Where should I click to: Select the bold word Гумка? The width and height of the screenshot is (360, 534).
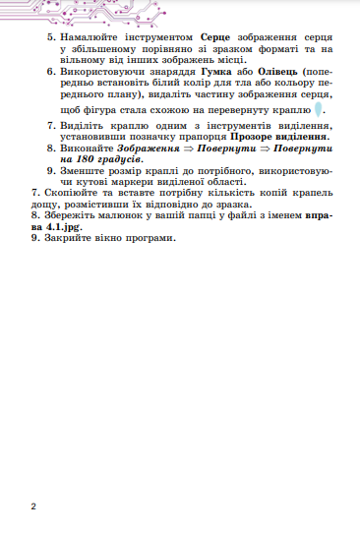point(218,74)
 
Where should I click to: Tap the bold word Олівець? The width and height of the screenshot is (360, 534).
point(278,74)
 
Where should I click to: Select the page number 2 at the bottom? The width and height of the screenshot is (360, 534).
point(33,505)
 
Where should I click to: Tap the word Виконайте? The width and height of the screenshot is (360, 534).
point(90,148)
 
